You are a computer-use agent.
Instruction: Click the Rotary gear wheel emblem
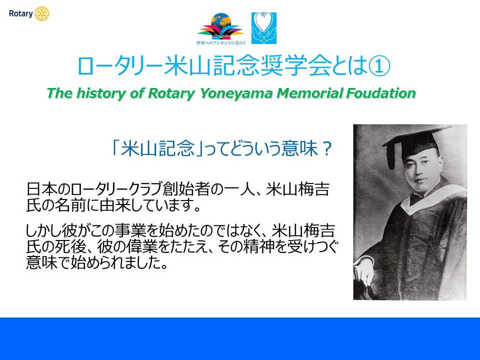point(42,14)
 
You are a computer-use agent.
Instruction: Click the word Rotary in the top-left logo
point(21,14)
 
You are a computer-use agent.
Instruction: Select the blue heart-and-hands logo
point(264,28)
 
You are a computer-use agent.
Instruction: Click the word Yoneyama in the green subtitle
point(236,93)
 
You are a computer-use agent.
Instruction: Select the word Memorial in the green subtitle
point(310,93)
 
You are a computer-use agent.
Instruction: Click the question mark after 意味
point(326,149)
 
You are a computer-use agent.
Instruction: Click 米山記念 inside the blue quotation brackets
point(157,148)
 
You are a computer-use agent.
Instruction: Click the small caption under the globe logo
point(220,43)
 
